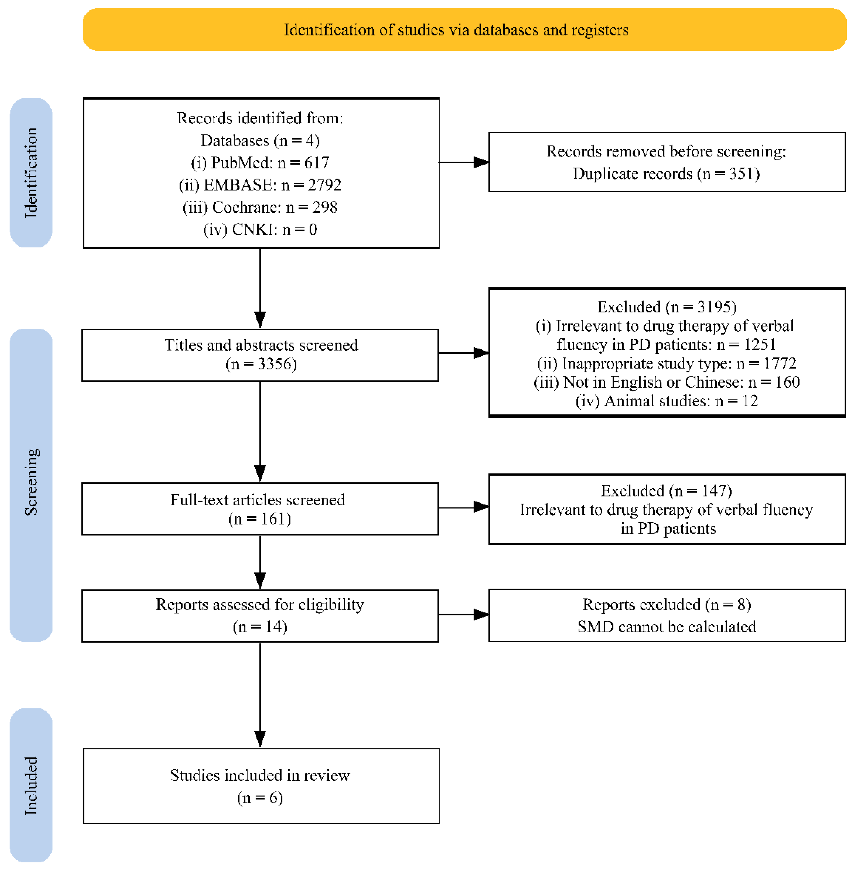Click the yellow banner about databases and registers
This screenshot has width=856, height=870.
pos(465,29)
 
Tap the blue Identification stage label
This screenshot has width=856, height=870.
pos(31,173)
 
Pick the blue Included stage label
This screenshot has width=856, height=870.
pos(31,785)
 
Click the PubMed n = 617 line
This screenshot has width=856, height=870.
pos(260,162)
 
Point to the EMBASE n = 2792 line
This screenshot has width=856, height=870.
pos(260,185)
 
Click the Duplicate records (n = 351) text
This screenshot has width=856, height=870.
pos(666,174)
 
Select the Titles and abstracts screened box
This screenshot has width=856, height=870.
pos(260,355)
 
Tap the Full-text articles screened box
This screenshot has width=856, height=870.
pos(260,509)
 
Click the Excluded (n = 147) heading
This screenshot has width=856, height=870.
pos(667,491)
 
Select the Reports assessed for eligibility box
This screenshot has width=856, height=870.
pos(260,616)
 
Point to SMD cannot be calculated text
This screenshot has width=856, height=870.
pos(667,627)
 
